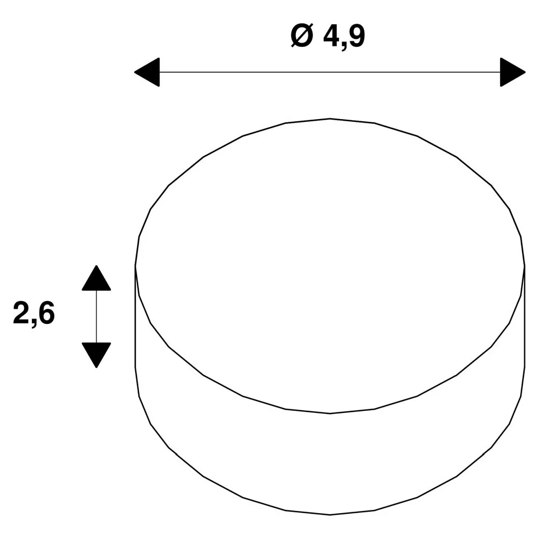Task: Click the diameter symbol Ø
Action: pyautogui.click(x=302, y=36)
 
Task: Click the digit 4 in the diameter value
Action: pyautogui.click(x=331, y=36)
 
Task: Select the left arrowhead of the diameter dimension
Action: pyautogui.click(x=147, y=72)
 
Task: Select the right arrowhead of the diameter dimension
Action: pyautogui.click(x=513, y=72)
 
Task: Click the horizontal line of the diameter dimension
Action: pyautogui.click(x=330, y=72)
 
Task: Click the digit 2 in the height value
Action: pyautogui.click(x=22, y=313)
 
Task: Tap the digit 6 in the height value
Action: pyautogui.click(x=46, y=313)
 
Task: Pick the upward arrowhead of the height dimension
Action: pyautogui.click(x=96, y=278)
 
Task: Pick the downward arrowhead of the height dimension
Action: pyautogui.click(x=96, y=355)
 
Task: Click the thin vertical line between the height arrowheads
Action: pyautogui.click(x=96, y=316)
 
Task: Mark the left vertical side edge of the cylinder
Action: pyautogui.click(x=135, y=316)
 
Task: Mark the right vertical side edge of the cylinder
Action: pyautogui.click(x=524, y=316)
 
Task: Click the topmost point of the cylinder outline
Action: pyautogui.click(x=330, y=119)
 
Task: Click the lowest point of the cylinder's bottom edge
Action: pyautogui.click(x=330, y=515)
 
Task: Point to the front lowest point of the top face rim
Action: pyautogui.click(x=330, y=413)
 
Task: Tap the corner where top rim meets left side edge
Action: pyautogui.click(x=135, y=266)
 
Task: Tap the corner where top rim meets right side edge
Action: pyautogui.click(x=524, y=266)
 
